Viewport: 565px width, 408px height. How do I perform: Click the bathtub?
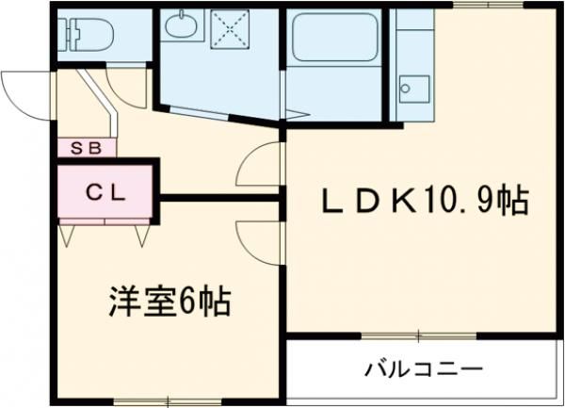tap(333, 43)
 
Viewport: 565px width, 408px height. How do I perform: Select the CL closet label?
tap(105, 192)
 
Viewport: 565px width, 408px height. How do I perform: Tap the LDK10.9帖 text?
tap(424, 201)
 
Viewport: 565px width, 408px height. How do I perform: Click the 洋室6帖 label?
tap(169, 302)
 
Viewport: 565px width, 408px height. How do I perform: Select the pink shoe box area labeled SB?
tap(86, 147)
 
